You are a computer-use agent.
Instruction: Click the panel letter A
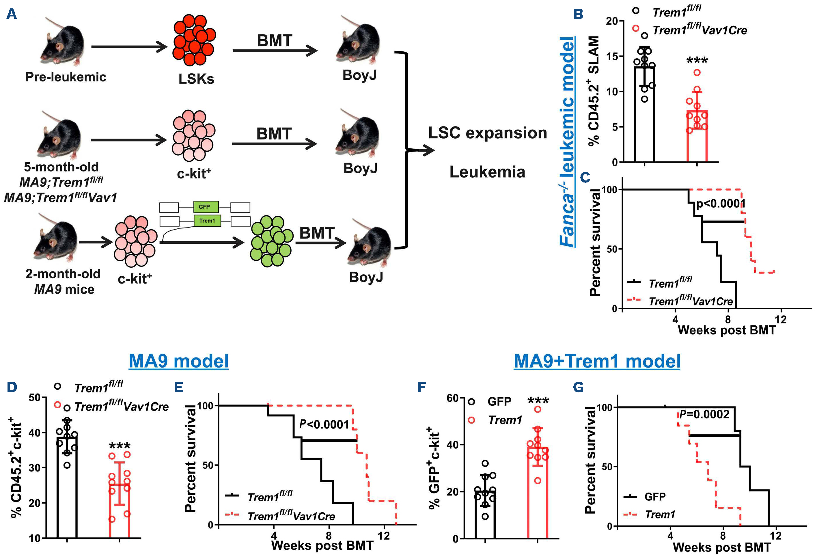[12, 14]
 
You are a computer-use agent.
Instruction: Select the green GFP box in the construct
[206, 207]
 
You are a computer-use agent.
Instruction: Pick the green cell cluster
[271, 241]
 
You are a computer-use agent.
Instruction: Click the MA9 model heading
[179, 361]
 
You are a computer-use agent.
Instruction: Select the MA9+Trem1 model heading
[597, 361]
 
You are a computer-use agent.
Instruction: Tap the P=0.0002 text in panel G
[704, 415]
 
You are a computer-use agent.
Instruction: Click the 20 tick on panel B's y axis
[612, 21]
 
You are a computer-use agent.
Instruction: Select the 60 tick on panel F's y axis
[452, 398]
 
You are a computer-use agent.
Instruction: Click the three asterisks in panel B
[697, 60]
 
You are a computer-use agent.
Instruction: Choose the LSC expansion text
[487, 133]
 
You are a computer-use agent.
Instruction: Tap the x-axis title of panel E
[322, 545]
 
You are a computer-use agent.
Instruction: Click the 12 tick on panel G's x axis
[775, 536]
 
